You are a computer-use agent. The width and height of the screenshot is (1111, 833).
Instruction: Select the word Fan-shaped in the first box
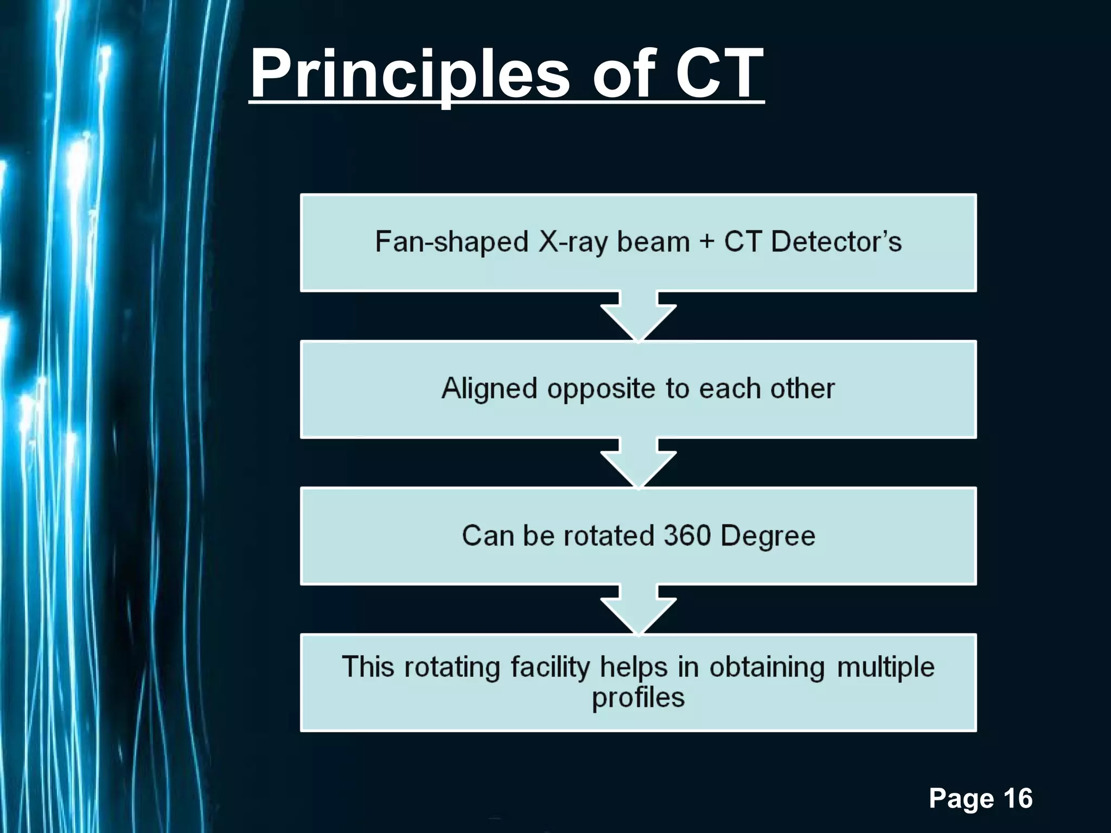451,242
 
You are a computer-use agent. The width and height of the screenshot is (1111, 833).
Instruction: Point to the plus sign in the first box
706,242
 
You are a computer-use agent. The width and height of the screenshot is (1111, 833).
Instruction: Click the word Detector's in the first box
836,242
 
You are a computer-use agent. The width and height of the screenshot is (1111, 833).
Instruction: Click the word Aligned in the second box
489,389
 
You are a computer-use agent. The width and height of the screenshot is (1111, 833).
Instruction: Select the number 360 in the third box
687,536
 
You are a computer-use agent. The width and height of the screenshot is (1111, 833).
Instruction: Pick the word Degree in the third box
768,536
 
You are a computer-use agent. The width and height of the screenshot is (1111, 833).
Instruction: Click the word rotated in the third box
609,536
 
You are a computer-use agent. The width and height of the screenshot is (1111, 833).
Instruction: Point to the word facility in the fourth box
550,667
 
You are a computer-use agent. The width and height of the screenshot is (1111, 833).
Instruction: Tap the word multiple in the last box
885,667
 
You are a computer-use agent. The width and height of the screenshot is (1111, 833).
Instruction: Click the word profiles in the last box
638,698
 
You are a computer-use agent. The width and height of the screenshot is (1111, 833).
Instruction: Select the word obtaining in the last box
767,667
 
